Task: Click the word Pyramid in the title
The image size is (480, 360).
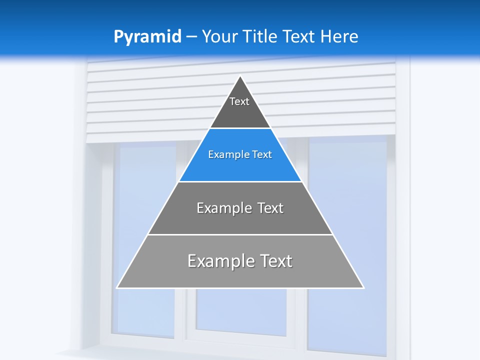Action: click(x=147, y=37)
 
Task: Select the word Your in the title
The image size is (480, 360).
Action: click(x=218, y=36)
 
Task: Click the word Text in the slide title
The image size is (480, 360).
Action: click(x=300, y=36)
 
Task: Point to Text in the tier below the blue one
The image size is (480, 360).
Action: click(x=270, y=208)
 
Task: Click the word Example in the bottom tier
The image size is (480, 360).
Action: click(x=219, y=261)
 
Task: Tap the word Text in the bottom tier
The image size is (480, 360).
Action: click(x=274, y=261)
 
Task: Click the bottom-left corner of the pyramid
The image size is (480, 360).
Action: click(x=117, y=287)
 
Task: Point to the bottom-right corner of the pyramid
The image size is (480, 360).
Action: click(x=363, y=287)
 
